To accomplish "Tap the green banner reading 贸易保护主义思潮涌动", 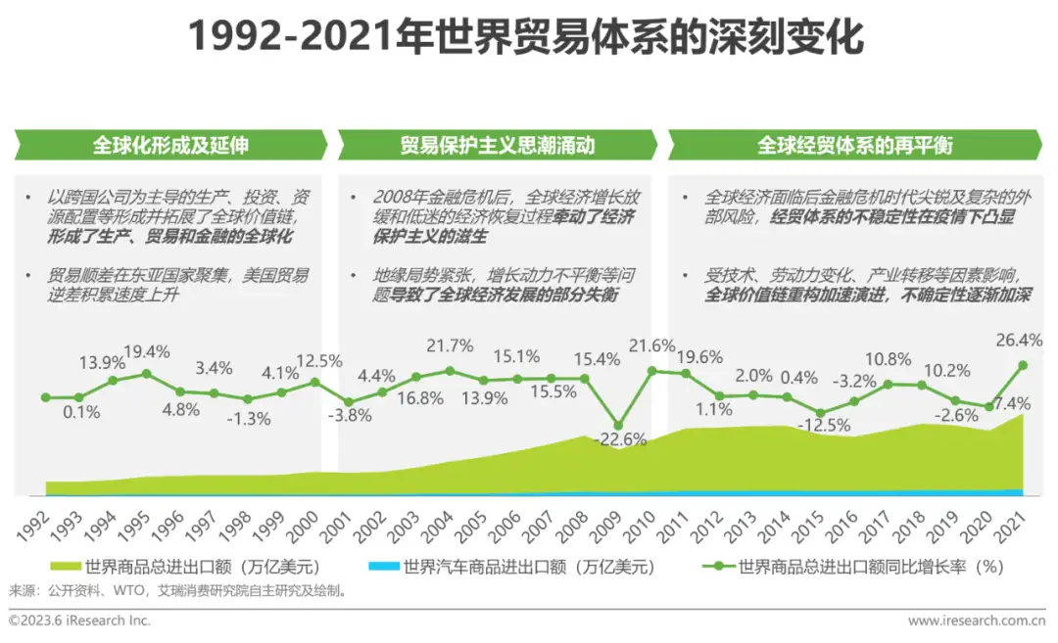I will click(x=497, y=146).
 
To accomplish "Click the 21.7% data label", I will click(x=450, y=345).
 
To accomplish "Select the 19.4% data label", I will click(x=147, y=350).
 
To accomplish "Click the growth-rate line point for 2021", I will click(x=1023, y=365).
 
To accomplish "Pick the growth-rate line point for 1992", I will click(x=45, y=397).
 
